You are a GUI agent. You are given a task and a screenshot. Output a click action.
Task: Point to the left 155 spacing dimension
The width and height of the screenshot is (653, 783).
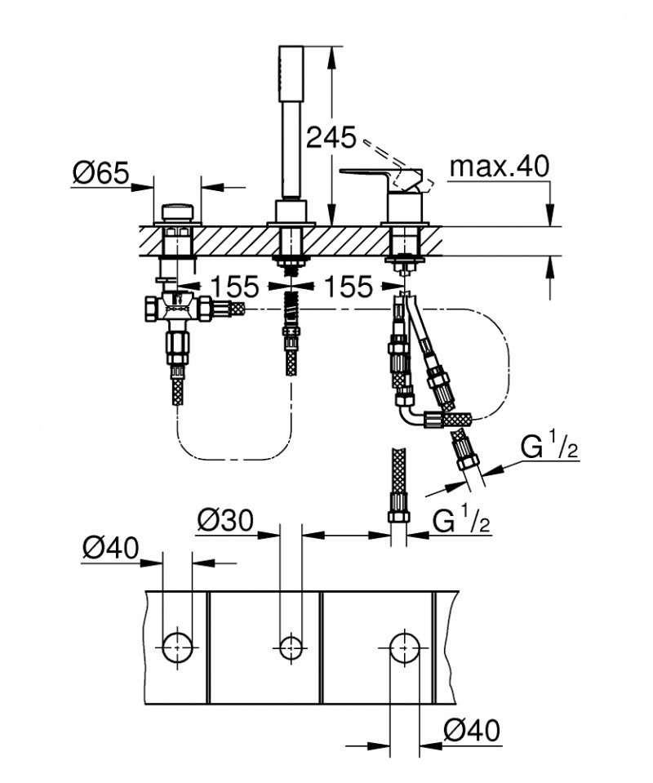point(234,286)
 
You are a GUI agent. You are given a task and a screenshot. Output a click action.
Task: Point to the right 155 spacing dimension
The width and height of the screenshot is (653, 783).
point(348,286)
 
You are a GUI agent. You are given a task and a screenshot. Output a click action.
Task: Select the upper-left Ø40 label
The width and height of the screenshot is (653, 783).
point(111,546)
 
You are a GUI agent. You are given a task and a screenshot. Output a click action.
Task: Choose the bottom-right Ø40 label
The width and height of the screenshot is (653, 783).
point(471,729)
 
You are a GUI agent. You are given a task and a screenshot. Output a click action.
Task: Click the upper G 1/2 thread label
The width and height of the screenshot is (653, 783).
point(551,448)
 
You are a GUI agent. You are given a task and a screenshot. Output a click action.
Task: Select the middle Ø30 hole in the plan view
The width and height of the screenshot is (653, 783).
point(288,646)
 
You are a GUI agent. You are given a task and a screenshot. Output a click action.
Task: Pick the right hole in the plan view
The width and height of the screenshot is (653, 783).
point(401,646)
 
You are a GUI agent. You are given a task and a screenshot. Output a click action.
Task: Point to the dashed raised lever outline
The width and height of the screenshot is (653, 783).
point(384,154)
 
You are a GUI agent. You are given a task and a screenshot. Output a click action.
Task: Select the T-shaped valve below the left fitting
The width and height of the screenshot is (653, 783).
point(181,310)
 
